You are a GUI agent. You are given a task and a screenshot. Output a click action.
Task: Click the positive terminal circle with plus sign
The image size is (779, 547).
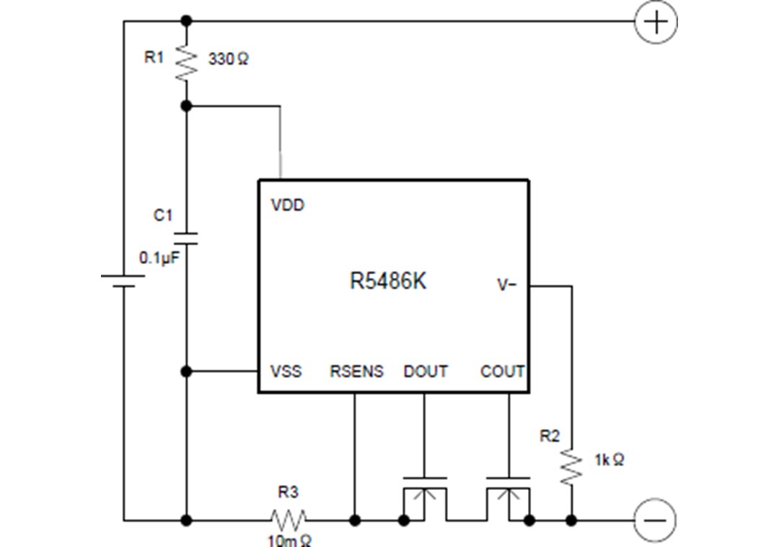655,22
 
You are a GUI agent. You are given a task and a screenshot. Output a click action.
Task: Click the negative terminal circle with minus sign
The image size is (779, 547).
655,520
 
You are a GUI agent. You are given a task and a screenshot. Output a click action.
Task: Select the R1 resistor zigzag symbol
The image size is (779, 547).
186,63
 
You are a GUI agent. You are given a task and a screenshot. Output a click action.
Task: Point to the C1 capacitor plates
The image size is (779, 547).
186,238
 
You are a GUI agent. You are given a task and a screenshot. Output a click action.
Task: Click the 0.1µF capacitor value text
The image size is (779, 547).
158,258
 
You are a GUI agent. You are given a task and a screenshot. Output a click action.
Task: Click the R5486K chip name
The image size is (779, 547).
388,281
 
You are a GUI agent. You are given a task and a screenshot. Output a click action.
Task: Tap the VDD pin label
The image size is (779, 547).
288,206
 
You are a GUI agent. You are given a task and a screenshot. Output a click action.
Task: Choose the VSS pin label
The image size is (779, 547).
286,372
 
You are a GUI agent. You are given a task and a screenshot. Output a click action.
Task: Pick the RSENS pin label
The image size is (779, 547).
356,372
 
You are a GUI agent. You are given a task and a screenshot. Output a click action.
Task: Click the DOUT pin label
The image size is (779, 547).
426,372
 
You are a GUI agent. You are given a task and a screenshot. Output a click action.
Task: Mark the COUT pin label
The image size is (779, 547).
502,372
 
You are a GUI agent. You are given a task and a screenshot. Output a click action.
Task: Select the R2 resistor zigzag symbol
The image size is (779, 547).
571,466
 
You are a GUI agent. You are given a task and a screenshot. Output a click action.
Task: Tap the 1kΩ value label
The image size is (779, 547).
609,460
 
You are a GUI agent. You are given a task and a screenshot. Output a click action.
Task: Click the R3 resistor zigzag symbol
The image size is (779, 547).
288,519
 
